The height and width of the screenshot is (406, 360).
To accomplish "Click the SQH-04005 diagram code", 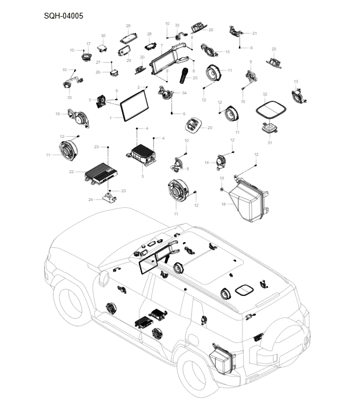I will pos(64,16).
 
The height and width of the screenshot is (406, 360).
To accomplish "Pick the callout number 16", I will pos(58,114).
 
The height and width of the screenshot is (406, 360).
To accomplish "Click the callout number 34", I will pos(184,93).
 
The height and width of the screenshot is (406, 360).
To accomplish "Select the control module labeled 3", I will pos(142,154).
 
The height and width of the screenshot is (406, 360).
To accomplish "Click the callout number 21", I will pos(254,34).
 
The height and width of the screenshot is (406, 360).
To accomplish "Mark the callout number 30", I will pos(103,36).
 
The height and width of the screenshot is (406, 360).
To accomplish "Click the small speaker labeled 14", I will pos(221,160).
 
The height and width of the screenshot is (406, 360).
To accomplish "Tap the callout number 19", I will pos(221,179).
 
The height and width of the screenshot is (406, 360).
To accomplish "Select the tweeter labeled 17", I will pos(86,57).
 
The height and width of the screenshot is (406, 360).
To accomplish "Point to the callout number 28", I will pos(149,34).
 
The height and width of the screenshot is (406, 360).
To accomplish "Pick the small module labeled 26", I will pos(113,73).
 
